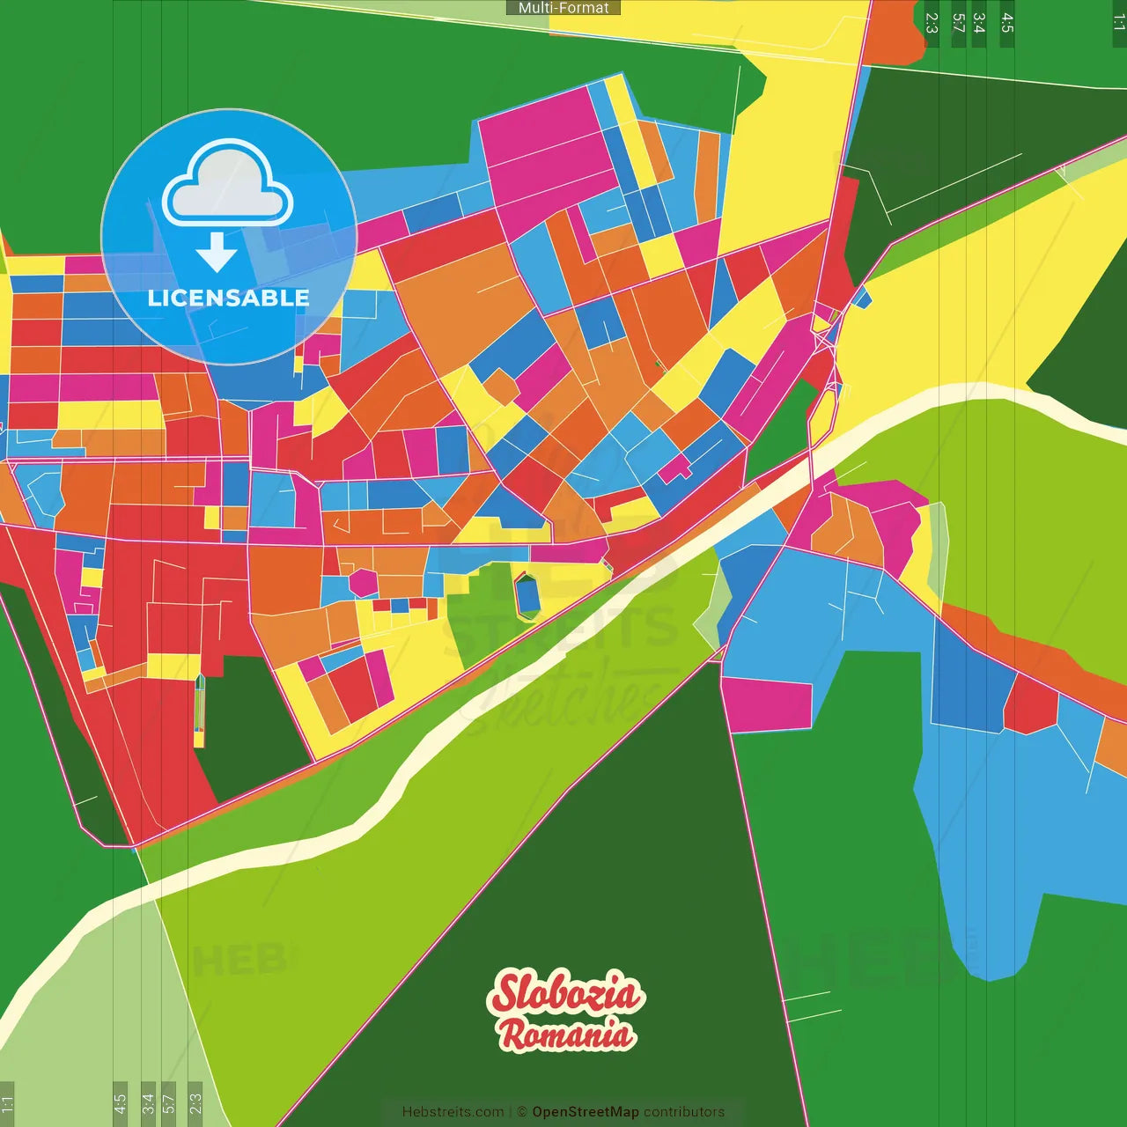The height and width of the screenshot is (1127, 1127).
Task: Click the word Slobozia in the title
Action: coord(565,992)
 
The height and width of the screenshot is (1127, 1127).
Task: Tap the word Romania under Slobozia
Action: coord(566,1035)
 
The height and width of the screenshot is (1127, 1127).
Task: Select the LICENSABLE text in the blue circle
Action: coord(228,298)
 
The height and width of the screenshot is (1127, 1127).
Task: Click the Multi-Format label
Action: coord(563,8)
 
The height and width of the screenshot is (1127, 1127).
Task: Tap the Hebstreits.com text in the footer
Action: coord(453,1112)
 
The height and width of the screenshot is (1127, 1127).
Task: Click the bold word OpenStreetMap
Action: coord(585,1112)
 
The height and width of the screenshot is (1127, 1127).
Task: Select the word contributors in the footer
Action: coord(684,1112)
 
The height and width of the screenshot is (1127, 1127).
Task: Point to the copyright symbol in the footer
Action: coord(521,1112)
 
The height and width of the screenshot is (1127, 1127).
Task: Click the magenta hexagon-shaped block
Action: coord(363,582)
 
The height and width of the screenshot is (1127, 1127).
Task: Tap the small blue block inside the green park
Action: coord(527,594)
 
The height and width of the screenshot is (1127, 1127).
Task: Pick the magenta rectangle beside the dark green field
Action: coord(766,704)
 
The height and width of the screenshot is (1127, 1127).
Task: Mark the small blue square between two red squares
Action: coord(399,605)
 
